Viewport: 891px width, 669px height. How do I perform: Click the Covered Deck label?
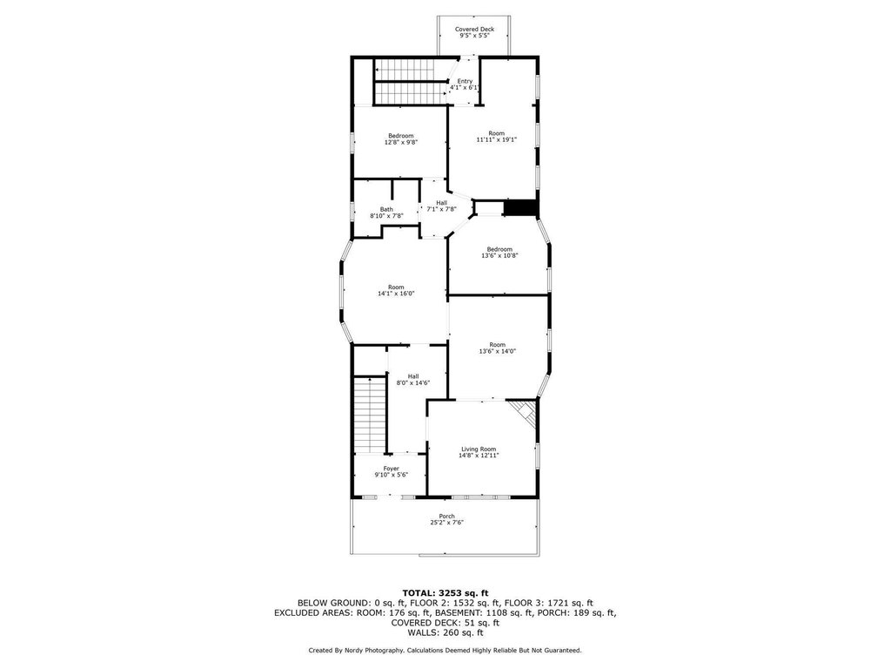[474, 29]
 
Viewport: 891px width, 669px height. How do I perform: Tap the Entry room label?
[465, 81]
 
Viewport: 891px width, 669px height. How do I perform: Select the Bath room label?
[386, 209]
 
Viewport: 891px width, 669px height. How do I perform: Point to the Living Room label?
[479, 449]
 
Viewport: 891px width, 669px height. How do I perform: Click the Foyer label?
[391, 469]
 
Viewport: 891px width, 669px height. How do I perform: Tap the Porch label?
[446, 517]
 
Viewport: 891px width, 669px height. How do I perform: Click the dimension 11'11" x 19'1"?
[496, 139]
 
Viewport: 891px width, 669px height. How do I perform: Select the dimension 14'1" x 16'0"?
[396, 294]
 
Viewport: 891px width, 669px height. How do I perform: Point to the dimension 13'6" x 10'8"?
[499, 255]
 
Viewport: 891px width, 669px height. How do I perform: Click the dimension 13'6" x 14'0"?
[497, 351]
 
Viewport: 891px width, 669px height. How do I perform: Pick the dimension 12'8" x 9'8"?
[400, 142]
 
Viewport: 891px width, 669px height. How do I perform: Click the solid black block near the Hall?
[520, 208]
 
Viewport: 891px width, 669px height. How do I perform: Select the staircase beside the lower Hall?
[370, 415]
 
